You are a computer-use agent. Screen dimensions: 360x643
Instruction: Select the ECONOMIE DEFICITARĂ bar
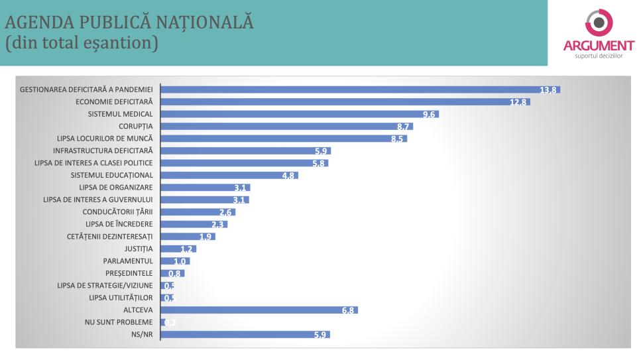[345, 101]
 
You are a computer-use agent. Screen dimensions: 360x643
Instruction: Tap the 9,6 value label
[428, 114]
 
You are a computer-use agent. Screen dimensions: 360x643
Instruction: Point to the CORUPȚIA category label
[136, 126]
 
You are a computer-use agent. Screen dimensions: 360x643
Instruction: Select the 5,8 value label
[319, 163]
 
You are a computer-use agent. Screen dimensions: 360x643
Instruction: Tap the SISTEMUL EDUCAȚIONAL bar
[229, 175]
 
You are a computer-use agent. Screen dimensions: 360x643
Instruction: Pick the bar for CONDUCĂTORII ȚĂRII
[198, 211]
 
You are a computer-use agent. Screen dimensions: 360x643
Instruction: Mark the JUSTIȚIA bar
[178, 249]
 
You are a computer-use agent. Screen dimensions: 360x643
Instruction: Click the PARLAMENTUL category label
[128, 261]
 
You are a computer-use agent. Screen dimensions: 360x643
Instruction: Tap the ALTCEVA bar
[259, 310]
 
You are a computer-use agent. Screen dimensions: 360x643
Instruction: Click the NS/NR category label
[143, 334]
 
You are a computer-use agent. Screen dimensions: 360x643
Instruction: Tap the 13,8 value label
[548, 90]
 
